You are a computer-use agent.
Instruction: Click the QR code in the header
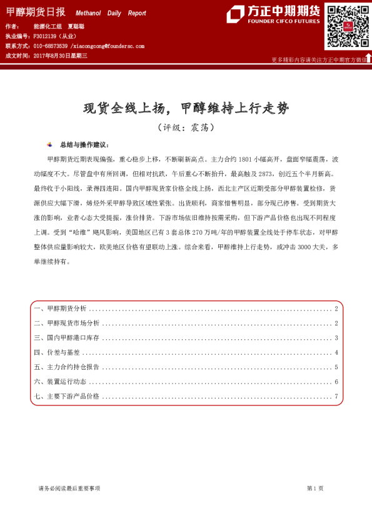click(346, 26)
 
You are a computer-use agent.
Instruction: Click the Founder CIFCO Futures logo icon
click(235, 14)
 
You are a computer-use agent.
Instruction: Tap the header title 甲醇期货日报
click(37, 12)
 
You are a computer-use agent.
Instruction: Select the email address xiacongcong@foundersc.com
click(108, 46)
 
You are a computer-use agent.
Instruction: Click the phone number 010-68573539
click(50, 46)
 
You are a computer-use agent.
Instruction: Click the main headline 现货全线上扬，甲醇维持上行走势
click(186, 108)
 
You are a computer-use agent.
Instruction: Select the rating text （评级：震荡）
click(186, 127)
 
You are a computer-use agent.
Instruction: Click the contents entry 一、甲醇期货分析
click(61, 309)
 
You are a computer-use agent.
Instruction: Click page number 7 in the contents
click(336, 396)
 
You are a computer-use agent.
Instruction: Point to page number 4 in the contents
click(336, 352)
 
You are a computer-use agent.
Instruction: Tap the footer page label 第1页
click(314, 488)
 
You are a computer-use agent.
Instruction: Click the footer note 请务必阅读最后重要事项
click(69, 488)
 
